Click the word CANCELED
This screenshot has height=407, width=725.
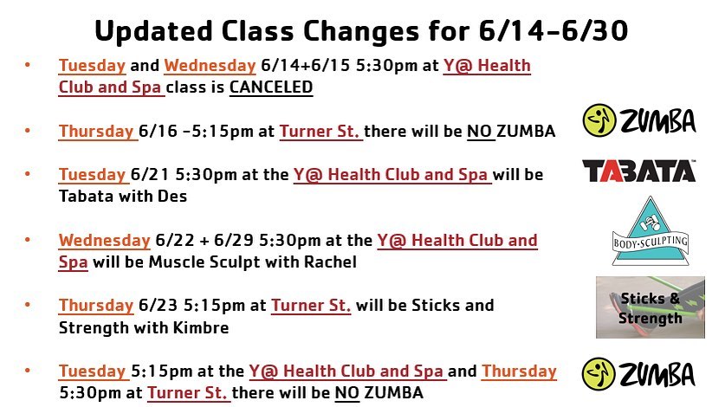coord(271,87)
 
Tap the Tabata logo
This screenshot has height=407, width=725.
coord(639,171)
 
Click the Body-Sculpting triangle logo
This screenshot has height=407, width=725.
coord(651,231)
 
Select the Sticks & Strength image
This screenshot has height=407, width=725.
coord(651,307)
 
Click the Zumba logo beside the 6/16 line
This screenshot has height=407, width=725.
coord(639,120)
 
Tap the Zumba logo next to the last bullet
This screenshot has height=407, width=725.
coord(638,374)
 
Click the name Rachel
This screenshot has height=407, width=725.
coord(330,262)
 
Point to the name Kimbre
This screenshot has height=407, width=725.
coord(201,328)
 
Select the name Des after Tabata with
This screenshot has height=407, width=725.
coord(172,196)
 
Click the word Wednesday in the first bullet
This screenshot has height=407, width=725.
coord(210,66)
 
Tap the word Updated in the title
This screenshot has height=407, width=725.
coord(153,31)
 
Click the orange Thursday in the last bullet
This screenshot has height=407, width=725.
coord(519,371)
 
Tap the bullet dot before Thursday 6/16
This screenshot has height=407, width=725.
coord(28,131)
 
